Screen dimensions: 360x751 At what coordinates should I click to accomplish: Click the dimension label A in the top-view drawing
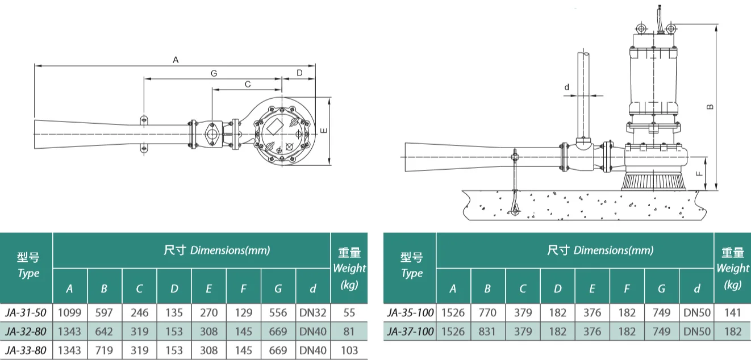pos(176,59)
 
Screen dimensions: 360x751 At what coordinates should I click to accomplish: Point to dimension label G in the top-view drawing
pos(214,73)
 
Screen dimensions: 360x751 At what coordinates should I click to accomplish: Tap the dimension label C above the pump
pos(247,84)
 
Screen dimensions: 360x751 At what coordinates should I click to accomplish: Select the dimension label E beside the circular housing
pos(323,131)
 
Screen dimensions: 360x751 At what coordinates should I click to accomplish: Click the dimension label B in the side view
pos(710,106)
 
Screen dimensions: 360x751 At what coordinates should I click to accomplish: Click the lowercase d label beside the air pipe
pos(566,87)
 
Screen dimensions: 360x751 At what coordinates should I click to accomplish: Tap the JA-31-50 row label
pos(26,312)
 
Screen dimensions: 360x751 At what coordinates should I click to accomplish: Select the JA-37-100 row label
pos(410,331)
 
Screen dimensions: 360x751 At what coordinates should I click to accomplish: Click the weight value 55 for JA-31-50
pos(349,312)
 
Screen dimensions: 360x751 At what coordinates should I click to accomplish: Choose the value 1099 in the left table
pos(69,312)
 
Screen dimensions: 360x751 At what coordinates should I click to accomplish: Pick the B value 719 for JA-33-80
pos(104,350)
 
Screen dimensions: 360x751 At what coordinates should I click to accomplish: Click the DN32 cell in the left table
pos(313,312)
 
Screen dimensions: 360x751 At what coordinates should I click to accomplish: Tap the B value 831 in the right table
pos(487,331)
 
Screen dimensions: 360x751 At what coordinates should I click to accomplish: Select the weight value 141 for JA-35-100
pos(732,312)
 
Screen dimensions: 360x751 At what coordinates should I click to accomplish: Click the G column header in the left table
pos(278,288)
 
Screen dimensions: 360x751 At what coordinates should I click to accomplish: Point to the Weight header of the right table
pos(732,268)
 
